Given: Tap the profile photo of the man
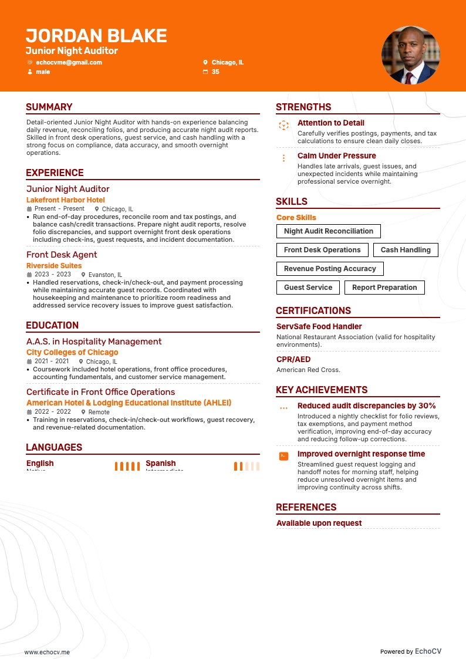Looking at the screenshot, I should (410, 55).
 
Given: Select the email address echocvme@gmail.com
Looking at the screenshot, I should (69, 62).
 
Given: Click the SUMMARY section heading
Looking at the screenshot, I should (49, 107).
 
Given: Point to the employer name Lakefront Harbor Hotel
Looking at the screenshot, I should (66, 200).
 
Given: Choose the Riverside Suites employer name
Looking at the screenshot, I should (54, 266).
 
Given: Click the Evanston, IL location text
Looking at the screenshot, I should (105, 275).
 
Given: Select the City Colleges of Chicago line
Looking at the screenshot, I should (72, 353).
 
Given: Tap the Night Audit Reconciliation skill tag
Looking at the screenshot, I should (329, 231).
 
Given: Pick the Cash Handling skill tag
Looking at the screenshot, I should (406, 250).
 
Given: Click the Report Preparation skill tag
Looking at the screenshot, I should (384, 288).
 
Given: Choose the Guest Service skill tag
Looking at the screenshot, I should (308, 288).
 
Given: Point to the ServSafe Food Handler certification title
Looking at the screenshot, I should (319, 326).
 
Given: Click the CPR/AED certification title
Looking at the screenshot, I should (293, 359).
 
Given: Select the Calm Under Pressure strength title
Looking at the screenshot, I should (337, 156).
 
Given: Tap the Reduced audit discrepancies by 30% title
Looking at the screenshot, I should (367, 405).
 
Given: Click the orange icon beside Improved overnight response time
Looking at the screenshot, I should (283, 455).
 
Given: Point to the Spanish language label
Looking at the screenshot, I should (161, 463).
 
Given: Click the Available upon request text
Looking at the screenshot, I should (319, 523).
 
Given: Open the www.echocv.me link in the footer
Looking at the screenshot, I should (47, 652).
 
